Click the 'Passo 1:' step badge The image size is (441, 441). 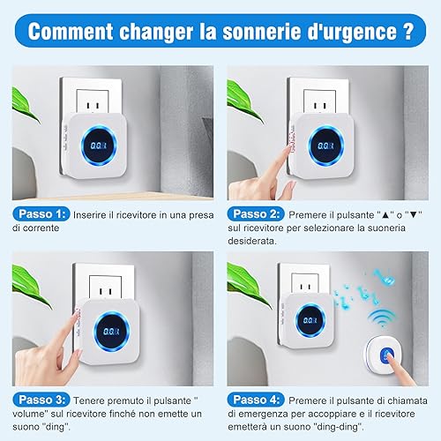pos(41,214)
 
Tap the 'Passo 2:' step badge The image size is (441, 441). pos(256,214)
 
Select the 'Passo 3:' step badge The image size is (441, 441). pos(41,400)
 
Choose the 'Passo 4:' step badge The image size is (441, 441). pos(256,400)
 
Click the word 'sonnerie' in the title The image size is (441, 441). pos(262,31)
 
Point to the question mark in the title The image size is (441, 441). pos(407,31)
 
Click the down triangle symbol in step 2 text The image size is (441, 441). pos(413,214)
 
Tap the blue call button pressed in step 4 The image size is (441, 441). pos(387,355)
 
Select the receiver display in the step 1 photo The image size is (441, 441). pos(99,146)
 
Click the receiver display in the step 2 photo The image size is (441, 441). pos(326,146)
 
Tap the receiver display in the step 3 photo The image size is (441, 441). pos(111,332)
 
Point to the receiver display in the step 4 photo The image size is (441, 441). pos(310,320)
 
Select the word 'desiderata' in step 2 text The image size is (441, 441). pos(252,241)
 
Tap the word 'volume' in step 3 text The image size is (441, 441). pos(28,414)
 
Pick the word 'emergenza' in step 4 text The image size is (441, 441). pos(264,414)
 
